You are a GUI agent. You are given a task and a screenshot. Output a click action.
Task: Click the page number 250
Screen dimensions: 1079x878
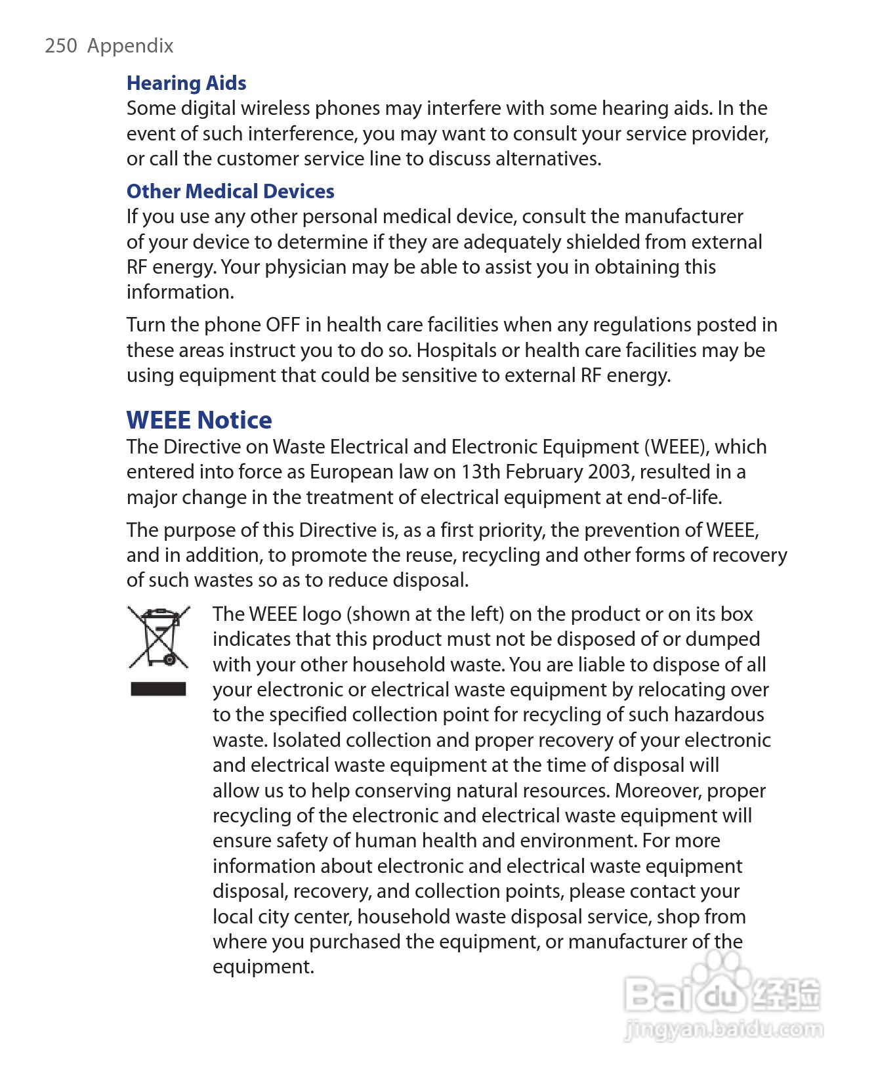coord(61,46)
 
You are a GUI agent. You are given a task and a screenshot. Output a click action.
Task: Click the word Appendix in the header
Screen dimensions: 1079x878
coord(131,46)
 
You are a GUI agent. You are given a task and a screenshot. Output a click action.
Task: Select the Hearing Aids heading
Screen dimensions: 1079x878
coord(186,83)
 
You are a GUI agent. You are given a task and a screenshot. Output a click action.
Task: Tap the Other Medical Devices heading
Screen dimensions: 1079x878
coord(230,192)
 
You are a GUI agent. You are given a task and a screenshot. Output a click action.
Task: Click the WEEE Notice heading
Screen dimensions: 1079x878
coord(199,420)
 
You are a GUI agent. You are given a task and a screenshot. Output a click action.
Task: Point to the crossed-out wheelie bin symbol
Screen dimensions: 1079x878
coord(159,637)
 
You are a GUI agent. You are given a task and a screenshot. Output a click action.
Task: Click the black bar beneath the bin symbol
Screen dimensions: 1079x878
coord(158,689)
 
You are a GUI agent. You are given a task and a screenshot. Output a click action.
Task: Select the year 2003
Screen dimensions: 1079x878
coord(611,472)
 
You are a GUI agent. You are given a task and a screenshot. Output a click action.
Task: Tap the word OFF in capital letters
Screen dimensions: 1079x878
coord(283,325)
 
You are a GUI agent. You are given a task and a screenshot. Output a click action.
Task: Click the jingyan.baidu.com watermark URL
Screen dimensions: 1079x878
coord(723,1029)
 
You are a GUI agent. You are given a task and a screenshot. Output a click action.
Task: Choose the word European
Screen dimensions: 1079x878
coord(351,472)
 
